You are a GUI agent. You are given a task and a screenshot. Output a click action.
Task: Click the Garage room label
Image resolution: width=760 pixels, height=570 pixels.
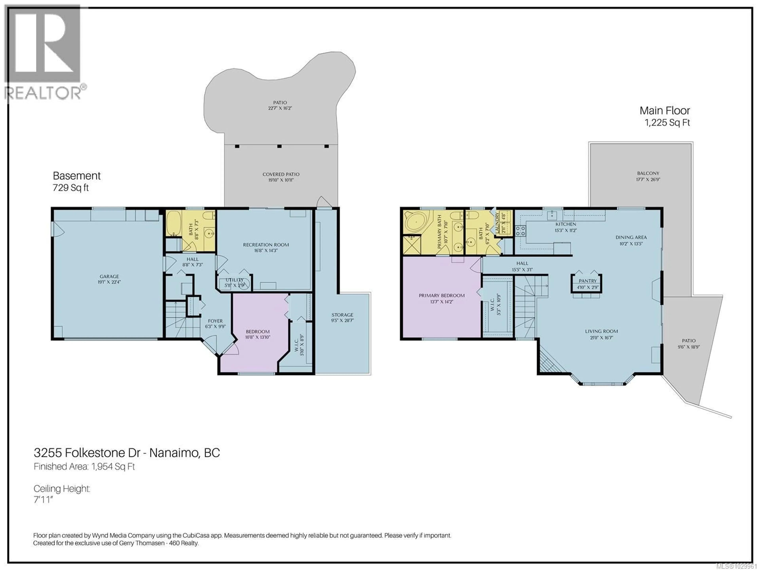[109, 276]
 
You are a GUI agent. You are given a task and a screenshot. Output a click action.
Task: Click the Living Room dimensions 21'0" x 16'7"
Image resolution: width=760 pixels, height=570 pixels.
[601, 338]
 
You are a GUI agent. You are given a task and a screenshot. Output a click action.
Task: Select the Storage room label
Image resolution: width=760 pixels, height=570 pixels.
[342, 315]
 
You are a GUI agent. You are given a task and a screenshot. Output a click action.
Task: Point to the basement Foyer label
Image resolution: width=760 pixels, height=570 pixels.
[215, 321]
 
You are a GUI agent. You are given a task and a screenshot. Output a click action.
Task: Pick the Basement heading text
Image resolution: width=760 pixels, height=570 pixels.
[77, 176]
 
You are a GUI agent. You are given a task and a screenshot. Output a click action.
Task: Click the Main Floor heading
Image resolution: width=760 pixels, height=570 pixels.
[664, 111]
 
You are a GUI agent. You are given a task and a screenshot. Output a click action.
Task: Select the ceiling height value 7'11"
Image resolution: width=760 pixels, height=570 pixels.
[43, 500]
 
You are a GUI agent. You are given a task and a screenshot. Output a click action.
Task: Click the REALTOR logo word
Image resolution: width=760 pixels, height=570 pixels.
[43, 93]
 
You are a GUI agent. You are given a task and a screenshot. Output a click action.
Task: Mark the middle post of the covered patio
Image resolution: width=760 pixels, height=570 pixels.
[279, 146]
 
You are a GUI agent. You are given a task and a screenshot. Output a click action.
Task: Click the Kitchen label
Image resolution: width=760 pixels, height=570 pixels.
[565, 224]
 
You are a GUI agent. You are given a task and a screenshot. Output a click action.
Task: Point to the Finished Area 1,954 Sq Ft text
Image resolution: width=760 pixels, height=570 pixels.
[84, 466]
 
